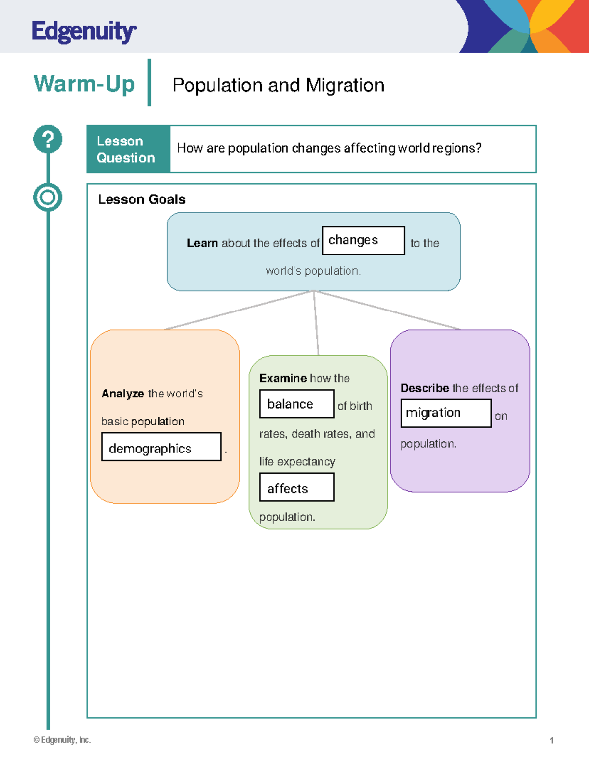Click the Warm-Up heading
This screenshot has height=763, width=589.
pyautogui.click(x=84, y=84)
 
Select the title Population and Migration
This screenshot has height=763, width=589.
pyautogui.click(x=278, y=85)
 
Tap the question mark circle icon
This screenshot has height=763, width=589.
pyautogui.click(x=48, y=139)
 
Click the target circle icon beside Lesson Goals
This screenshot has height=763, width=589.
pyautogui.click(x=48, y=198)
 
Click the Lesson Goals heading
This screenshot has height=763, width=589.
pyautogui.click(x=141, y=199)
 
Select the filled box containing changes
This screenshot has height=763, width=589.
pyautogui.click(x=363, y=241)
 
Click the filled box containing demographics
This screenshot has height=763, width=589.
pyautogui.click(x=161, y=447)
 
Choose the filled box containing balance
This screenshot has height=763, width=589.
pyautogui.click(x=296, y=404)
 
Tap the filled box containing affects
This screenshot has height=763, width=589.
pyautogui.click(x=296, y=487)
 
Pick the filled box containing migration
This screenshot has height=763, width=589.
pyautogui.click(x=446, y=413)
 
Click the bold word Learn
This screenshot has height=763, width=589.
pyautogui.click(x=202, y=243)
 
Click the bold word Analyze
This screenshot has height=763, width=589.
pyautogui.click(x=123, y=394)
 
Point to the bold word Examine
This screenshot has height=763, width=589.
pyautogui.click(x=283, y=378)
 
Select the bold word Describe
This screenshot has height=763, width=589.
pyautogui.click(x=425, y=388)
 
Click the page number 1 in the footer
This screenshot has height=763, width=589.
pyautogui.click(x=552, y=740)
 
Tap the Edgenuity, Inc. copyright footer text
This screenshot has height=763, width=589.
pyautogui.click(x=62, y=740)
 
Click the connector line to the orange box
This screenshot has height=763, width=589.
pyautogui.click(x=239, y=310)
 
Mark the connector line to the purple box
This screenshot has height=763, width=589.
pyautogui.click(x=388, y=310)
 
